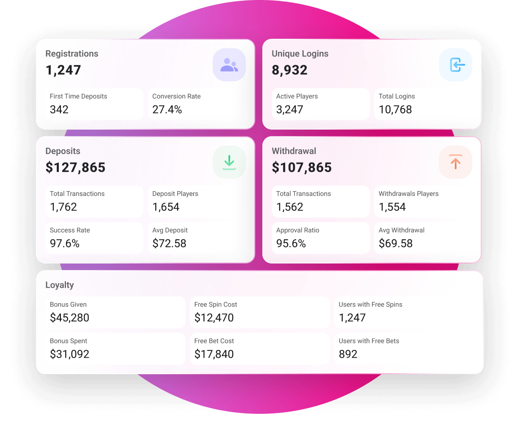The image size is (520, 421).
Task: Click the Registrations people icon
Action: click(229, 65)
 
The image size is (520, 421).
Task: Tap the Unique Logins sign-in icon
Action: click(455, 65)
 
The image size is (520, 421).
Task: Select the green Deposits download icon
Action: click(229, 162)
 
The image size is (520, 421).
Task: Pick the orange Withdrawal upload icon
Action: click(455, 162)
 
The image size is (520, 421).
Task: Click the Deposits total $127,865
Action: click(75, 168)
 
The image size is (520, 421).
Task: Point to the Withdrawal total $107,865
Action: click(302, 168)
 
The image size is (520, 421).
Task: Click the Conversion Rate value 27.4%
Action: click(167, 110)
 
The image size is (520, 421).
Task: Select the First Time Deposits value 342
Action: click(59, 110)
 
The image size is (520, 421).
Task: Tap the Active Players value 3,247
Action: click(290, 110)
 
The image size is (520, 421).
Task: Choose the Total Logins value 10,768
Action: click(395, 110)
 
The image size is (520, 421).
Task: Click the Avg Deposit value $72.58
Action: click(170, 244)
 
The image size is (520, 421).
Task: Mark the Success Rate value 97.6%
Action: click(65, 244)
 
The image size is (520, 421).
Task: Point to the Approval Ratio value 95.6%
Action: click(291, 244)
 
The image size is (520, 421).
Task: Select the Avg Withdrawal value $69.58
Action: click(396, 244)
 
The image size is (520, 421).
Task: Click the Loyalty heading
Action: click(60, 285)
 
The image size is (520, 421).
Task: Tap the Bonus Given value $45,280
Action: click(70, 318)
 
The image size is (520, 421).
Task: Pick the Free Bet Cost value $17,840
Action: click(214, 354)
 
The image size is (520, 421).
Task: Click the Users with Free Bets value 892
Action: click(348, 354)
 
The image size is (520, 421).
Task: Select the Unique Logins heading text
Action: click(300, 54)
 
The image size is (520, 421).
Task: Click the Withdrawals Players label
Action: click(408, 194)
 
